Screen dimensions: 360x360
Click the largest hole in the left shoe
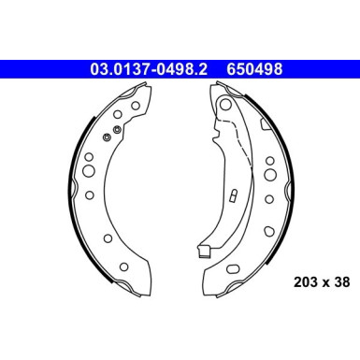89,172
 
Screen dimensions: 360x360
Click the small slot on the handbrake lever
230,198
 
